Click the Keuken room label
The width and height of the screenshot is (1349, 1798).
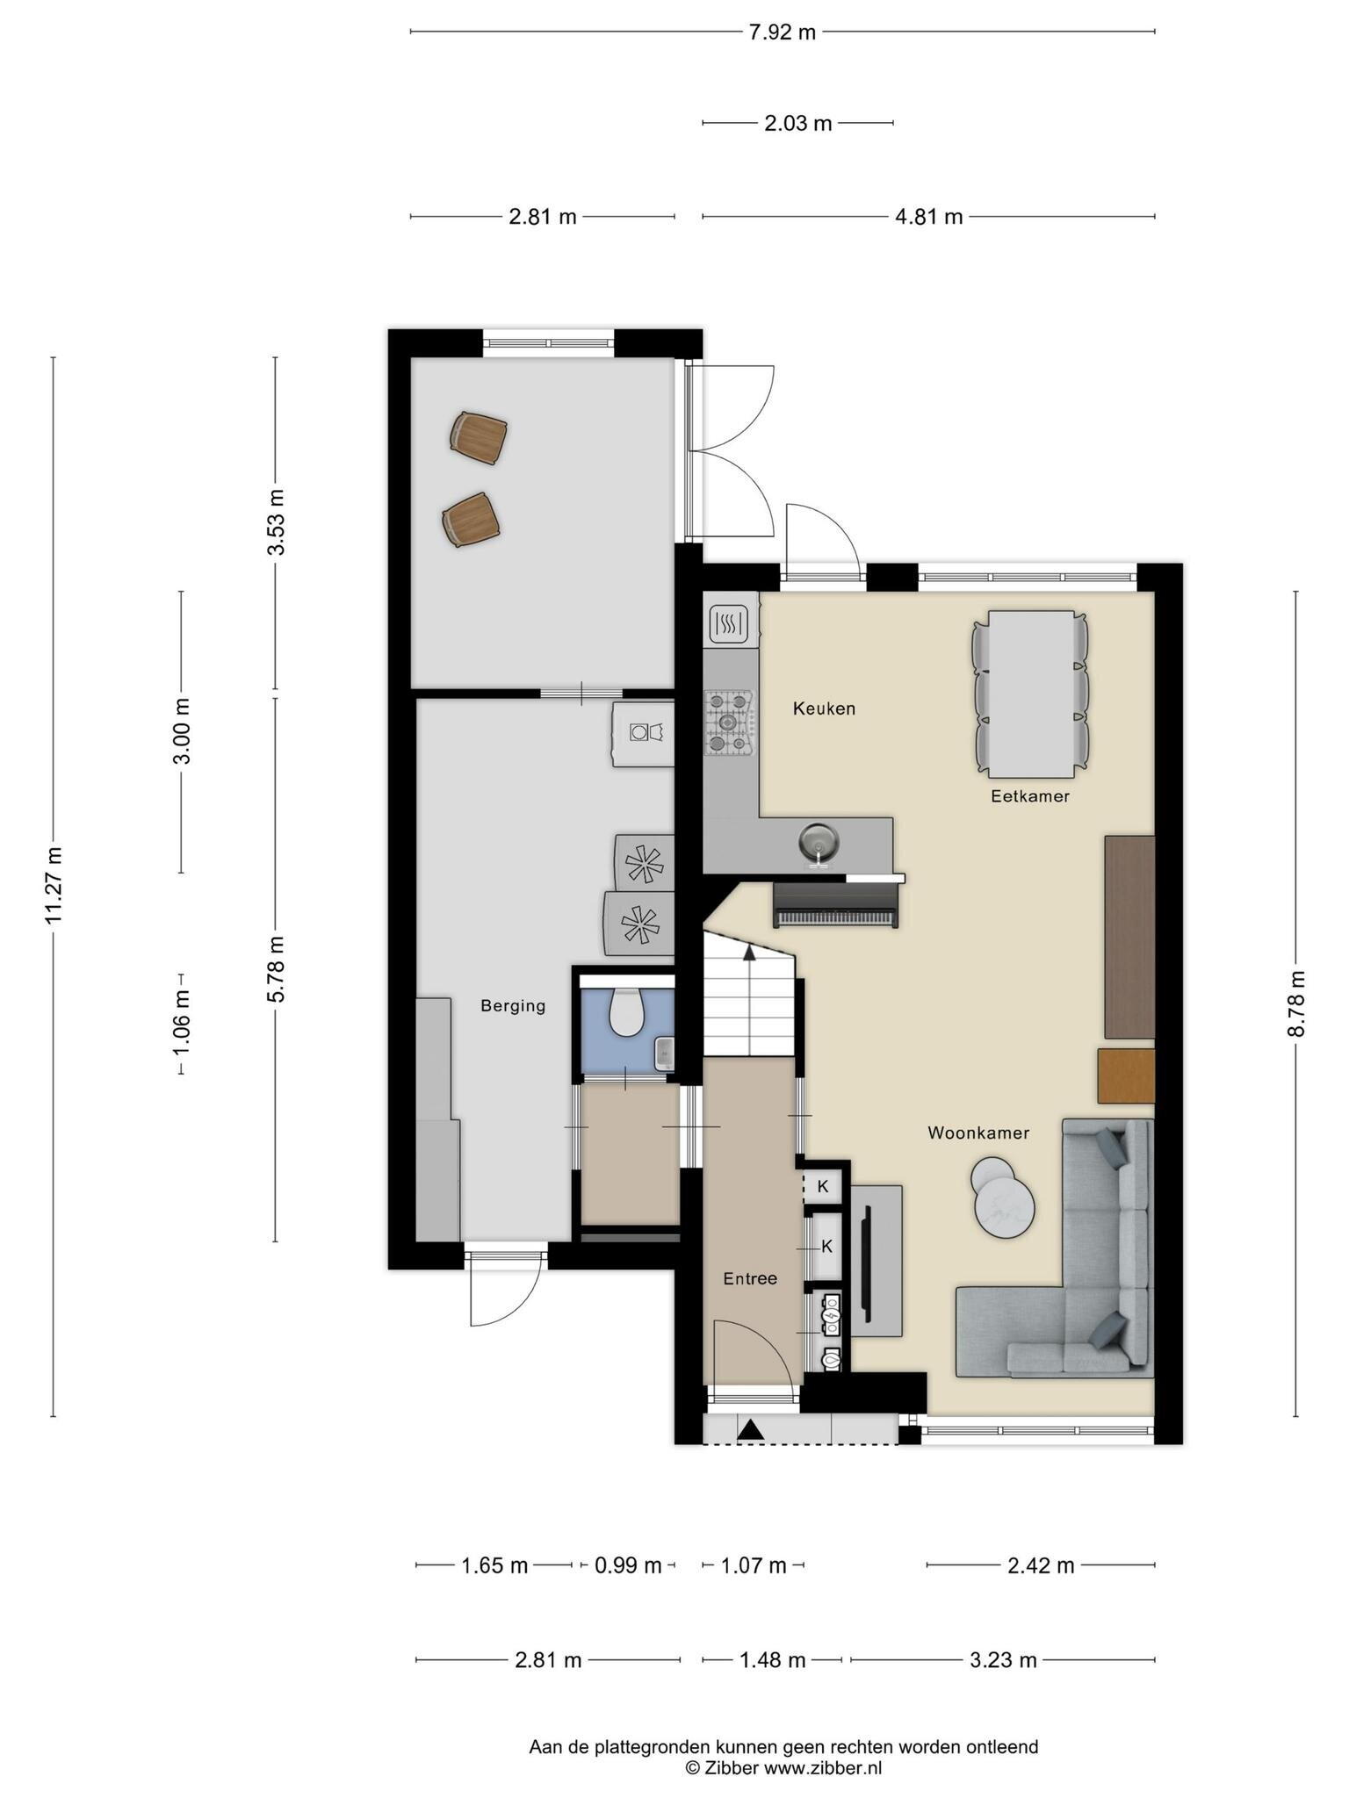pos(824,708)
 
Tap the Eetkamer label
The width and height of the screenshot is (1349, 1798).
pos(1030,796)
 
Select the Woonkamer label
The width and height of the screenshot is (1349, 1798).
pos(978,1133)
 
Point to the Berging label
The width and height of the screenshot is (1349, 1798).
pos(513,1006)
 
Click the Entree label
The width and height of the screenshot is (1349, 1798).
pos(750,1278)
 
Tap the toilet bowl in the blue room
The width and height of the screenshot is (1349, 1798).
pos(626,1011)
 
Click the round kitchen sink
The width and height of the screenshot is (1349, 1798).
pos(819,843)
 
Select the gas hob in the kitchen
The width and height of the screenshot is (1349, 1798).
pos(730,723)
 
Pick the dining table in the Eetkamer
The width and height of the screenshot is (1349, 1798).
pos(1032,694)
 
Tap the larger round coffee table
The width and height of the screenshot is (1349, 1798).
pos(1005,1208)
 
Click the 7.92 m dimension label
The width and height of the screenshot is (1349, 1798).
pos(782,32)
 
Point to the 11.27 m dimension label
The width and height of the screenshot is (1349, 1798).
pos(54,885)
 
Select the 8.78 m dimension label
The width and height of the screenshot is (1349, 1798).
pos(1296,1003)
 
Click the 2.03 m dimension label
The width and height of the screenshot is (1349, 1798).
pos(797,123)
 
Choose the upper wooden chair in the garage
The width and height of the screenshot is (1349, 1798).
pos(479,437)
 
